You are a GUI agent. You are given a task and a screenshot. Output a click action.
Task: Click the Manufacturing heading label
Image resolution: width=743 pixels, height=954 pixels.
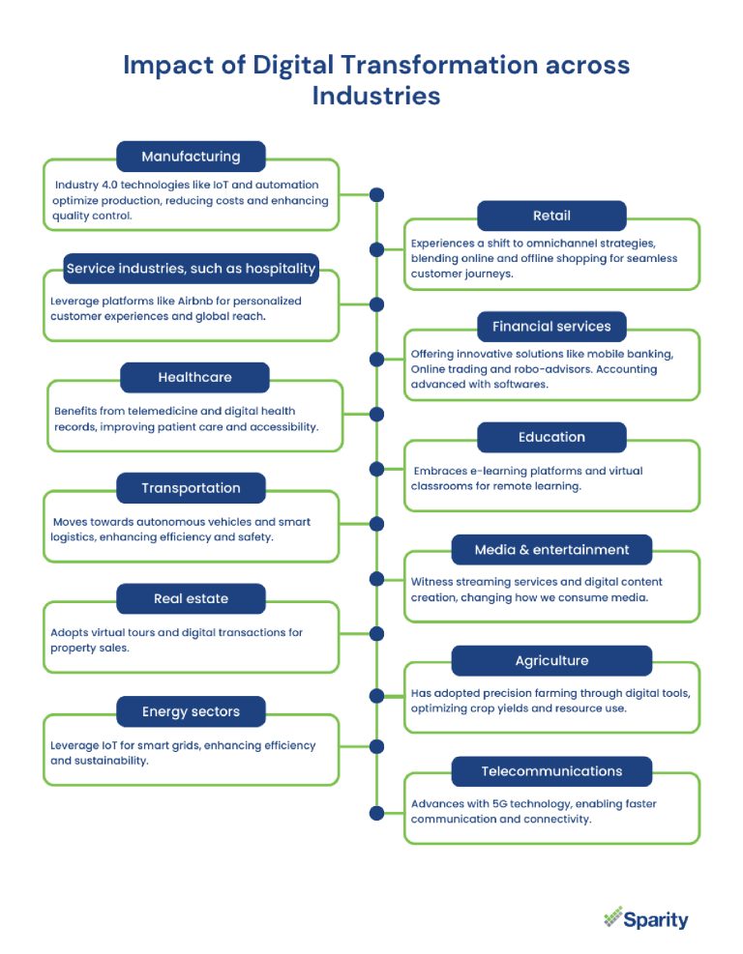pos(191,157)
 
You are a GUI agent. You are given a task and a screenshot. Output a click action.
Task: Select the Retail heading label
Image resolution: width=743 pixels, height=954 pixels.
pos(551,216)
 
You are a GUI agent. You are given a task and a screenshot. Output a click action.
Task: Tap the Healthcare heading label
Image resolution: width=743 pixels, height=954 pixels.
pos(194,377)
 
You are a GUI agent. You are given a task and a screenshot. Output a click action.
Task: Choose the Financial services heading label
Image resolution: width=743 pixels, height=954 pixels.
pos(551,327)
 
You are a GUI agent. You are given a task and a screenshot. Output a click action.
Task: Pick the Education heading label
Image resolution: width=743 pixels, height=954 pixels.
pos(551,437)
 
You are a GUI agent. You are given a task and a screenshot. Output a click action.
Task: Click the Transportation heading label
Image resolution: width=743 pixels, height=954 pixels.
pos(191,488)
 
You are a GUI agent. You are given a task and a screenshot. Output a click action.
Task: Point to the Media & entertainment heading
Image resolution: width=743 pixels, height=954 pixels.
pos(551,550)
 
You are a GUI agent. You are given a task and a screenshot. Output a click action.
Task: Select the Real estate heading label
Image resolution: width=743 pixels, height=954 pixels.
pos(191,599)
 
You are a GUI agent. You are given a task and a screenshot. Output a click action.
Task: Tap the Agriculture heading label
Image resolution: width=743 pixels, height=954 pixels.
pos(551,661)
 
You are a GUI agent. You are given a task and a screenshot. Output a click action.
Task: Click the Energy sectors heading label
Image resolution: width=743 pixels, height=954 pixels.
pos(191,712)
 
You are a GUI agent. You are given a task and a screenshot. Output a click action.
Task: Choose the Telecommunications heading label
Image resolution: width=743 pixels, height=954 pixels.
pos(551,771)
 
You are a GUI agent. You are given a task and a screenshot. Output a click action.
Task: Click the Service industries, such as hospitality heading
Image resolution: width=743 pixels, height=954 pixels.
pos(191,268)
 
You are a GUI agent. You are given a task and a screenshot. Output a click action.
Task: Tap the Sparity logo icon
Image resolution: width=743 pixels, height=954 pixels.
pos(611,916)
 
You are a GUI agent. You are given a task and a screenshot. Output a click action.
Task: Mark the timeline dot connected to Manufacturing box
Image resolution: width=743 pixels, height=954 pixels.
pos(376,194)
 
